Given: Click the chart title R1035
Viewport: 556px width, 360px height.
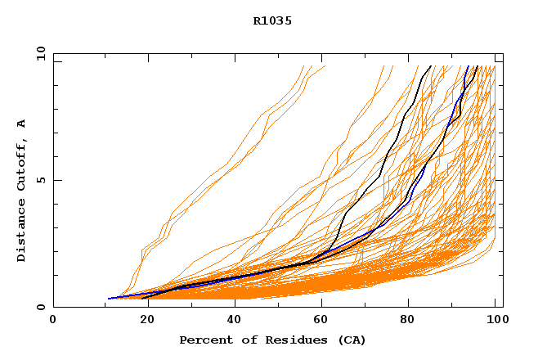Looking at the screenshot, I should pos(272,21).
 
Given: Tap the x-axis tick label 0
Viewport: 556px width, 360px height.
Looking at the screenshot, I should pos(53,321).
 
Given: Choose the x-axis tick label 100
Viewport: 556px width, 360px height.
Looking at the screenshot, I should pos(495,321).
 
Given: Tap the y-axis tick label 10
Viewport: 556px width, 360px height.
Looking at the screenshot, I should pos(40,53).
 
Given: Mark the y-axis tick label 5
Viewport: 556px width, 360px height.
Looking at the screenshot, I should pos(43,180).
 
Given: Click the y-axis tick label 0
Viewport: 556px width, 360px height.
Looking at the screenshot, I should pos(43,307).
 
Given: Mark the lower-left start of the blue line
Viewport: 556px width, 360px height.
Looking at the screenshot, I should pos(109,299).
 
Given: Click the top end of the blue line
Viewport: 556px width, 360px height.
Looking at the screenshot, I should pos(467,66).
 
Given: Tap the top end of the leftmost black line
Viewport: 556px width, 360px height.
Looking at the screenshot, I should pos(431,66).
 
